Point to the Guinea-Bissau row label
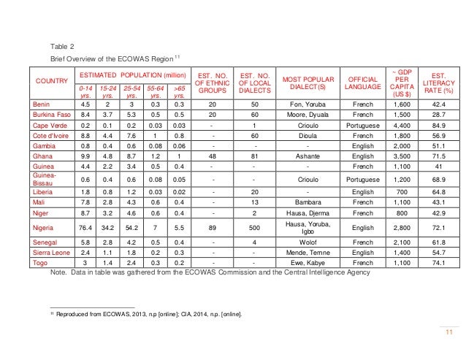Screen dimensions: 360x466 coord(45,180)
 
